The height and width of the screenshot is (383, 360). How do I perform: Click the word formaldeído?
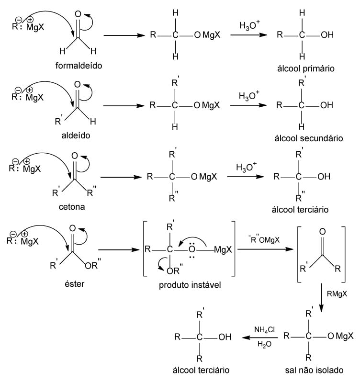[79, 66]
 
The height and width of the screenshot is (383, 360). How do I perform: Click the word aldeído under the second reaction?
[76, 135]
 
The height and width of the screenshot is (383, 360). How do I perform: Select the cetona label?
[72, 207]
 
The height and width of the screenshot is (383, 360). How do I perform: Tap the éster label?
[75, 284]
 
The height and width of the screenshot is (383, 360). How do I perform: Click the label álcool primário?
[306, 68]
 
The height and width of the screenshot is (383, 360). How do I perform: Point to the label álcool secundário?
[309, 138]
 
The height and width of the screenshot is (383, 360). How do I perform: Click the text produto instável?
[190, 285]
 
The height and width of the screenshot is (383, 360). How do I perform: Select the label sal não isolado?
[315, 370]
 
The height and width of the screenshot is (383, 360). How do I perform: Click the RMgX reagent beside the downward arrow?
[337, 294]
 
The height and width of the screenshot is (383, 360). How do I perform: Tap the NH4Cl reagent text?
[265, 330]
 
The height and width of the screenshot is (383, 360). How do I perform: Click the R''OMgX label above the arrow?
[264, 239]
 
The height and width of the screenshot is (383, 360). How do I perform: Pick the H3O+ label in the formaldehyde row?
[249, 25]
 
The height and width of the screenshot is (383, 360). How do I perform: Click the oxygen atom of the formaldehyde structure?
[78, 14]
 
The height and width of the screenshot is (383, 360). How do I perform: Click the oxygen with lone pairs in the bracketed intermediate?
[192, 249]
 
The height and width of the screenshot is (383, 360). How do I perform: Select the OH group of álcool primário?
[327, 35]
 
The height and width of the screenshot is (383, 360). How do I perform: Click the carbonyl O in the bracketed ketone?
[322, 232]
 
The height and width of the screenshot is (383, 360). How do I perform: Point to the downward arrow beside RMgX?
[321, 297]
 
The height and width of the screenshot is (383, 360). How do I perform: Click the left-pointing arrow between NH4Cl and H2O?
[260, 338]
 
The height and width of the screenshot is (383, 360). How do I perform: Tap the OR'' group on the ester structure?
[92, 265]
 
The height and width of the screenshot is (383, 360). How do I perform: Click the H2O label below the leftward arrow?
[265, 344]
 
